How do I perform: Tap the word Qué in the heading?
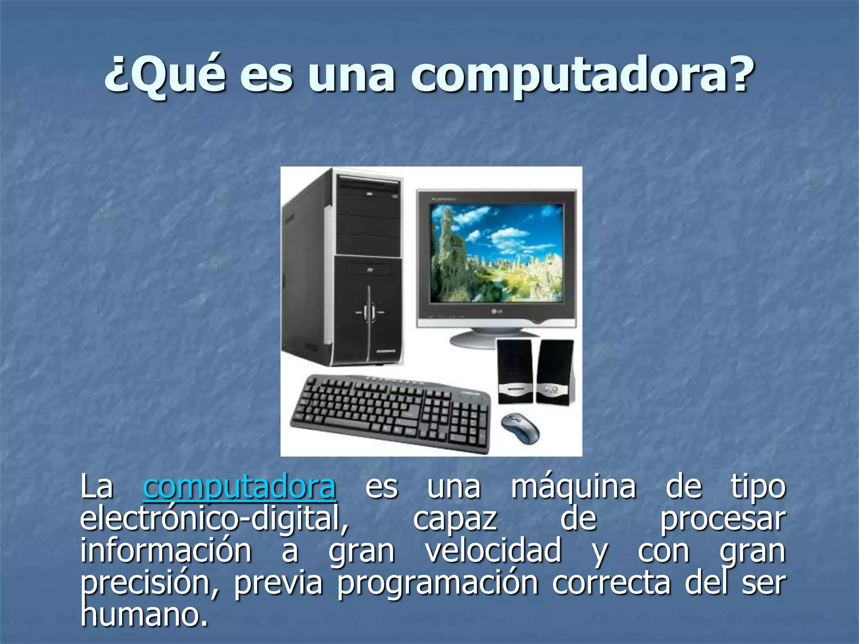[166, 75]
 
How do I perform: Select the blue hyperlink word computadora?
[239, 487]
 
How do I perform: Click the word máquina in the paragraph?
[573, 487]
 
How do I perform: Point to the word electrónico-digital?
[214, 519]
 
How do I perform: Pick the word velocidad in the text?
[493, 551]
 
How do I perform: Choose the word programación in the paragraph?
[438, 583]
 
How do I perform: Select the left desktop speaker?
[514, 371]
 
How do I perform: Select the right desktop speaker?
[554, 371]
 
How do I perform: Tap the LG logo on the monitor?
[497, 311]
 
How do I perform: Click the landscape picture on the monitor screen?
[497, 252]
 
